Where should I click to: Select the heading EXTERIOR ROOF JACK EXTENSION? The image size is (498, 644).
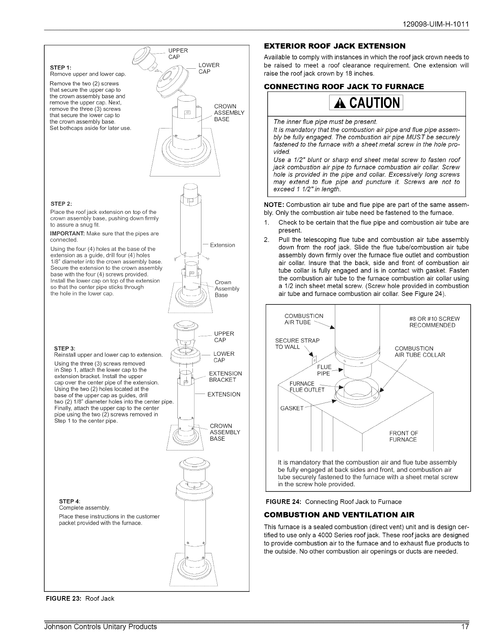coord(334,46)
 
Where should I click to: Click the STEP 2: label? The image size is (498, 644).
coord(61,204)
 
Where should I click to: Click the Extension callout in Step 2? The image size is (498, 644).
coord(223,245)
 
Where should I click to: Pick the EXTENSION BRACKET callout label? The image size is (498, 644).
coord(225,377)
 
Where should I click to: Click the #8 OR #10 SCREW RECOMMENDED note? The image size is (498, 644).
coord(432,322)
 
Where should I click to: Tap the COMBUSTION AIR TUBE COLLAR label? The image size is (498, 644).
coord(420,352)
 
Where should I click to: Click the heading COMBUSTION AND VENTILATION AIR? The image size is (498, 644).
coord(339,515)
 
